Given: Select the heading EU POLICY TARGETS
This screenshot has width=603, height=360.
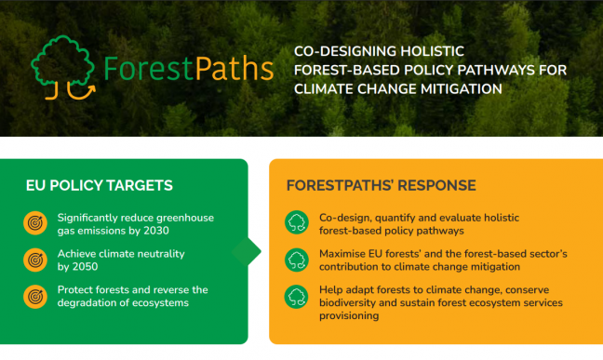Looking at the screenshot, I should pyautogui.click(x=99, y=185).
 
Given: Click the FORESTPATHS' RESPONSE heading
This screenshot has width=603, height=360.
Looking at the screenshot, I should pyautogui.click(x=380, y=185).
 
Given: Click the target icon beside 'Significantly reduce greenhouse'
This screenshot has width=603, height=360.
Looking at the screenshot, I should pyautogui.click(x=34, y=223).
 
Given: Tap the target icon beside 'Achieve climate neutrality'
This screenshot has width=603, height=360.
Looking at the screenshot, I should pyautogui.click(x=34, y=260).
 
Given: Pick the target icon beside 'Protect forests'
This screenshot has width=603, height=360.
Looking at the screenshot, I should pyautogui.click(x=34, y=296).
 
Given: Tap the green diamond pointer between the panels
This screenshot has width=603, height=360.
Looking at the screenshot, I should pyautogui.click(x=248, y=251).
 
